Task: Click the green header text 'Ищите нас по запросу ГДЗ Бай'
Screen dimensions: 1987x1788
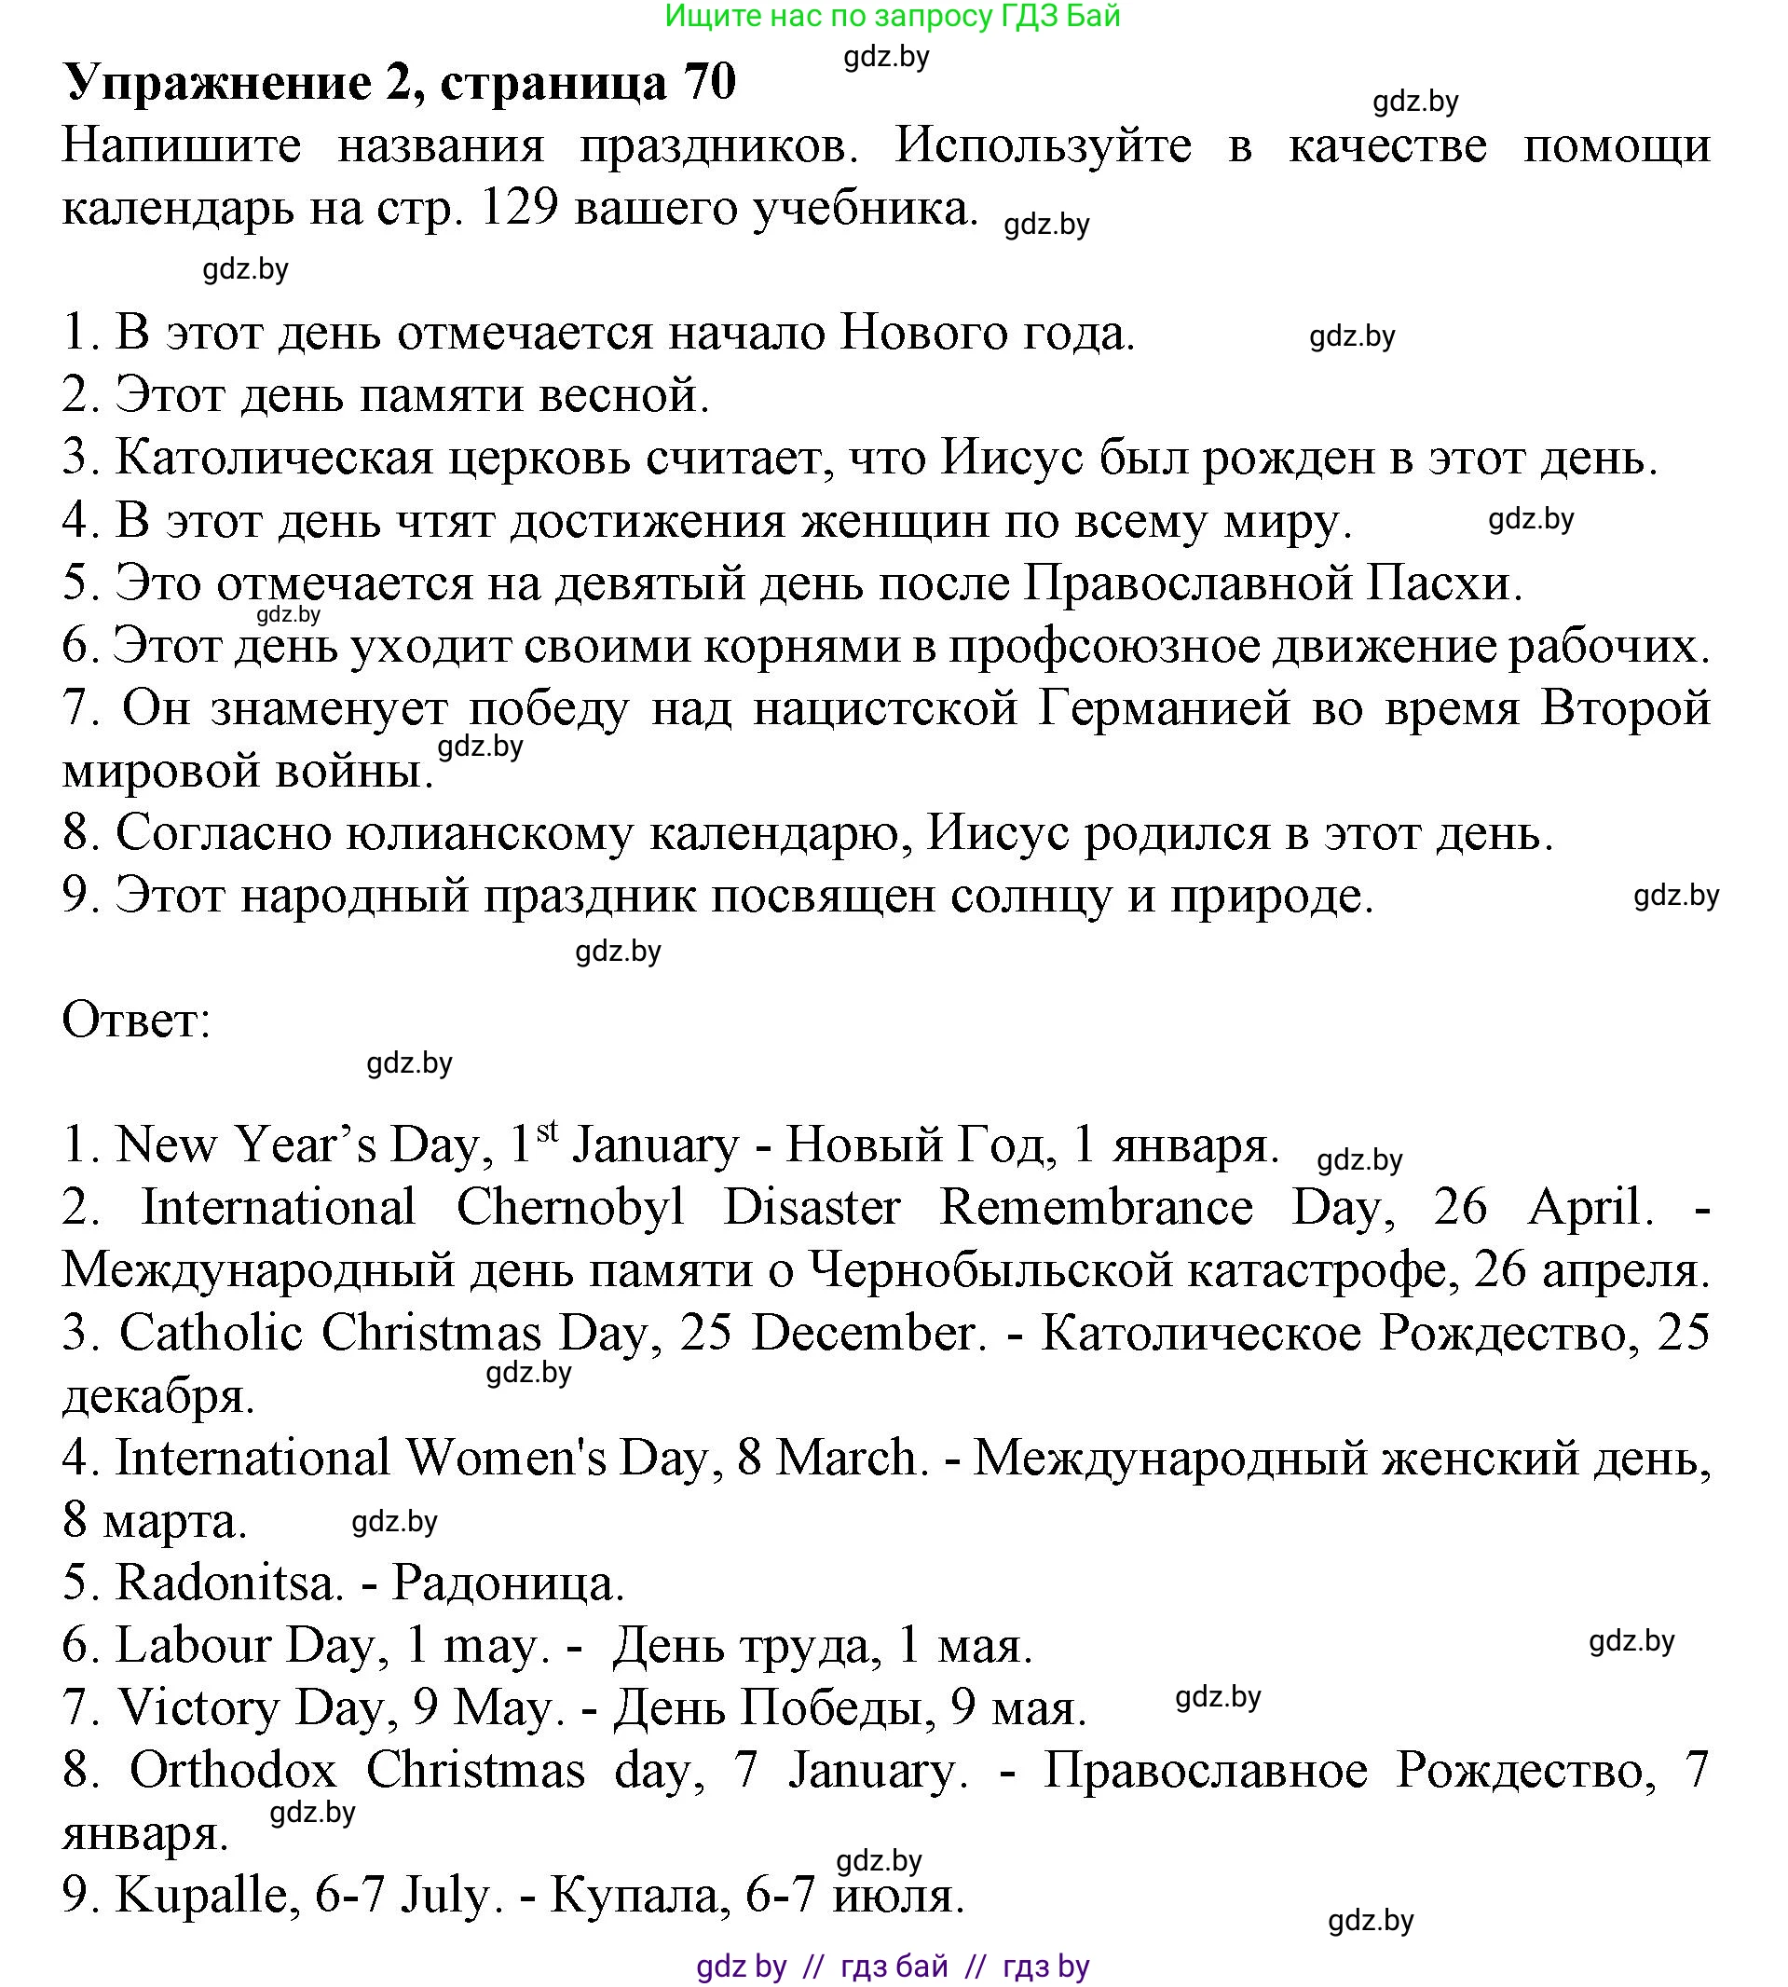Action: click(892, 16)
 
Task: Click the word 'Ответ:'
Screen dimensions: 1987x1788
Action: click(137, 1020)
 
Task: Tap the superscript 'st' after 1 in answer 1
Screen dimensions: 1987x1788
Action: click(547, 1132)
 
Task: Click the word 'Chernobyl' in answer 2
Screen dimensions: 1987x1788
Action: click(570, 1208)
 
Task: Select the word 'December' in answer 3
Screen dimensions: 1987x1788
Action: click(868, 1334)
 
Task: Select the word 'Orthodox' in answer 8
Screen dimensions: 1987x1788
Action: click(233, 1771)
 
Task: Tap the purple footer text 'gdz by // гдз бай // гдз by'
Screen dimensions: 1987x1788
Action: click(892, 1966)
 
